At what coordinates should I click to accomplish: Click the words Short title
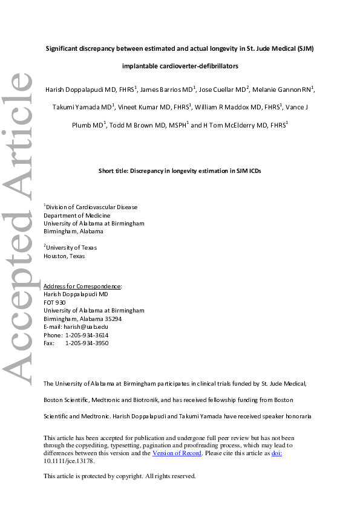[114, 171]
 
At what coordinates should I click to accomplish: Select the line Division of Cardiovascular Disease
[92, 207]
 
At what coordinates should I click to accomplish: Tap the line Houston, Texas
[64, 256]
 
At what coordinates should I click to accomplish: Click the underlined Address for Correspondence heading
[83, 286]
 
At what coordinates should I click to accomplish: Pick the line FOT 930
[54, 302]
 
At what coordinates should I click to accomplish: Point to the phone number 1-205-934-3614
[87, 335]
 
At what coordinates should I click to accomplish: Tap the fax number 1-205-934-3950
[87, 343]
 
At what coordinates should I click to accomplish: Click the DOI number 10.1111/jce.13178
[69, 461]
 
